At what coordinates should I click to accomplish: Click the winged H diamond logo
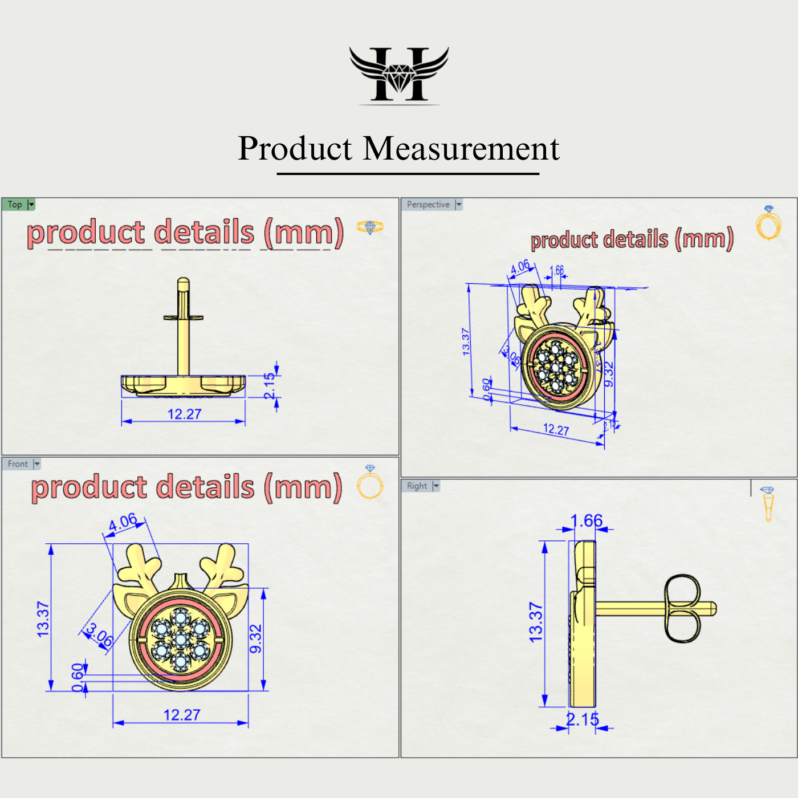(399, 75)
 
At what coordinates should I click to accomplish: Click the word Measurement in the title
(461, 149)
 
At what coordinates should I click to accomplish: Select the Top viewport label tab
(15, 204)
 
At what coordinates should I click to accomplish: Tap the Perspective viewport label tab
(428, 204)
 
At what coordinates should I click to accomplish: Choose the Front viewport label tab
(18, 464)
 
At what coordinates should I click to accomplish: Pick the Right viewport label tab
(417, 486)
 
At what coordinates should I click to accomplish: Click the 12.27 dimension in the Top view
(184, 414)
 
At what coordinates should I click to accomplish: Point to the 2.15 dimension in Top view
(270, 386)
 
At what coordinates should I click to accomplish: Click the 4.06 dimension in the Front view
(123, 522)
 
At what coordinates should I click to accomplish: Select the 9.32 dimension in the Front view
(256, 639)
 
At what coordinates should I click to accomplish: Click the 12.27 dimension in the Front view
(182, 715)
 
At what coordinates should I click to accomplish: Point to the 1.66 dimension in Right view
(587, 520)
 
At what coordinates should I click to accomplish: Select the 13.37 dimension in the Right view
(536, 622)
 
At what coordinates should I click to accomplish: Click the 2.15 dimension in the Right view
(583, 719)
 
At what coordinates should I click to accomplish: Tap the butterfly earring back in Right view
(682, 609)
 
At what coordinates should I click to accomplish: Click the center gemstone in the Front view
(181, 640)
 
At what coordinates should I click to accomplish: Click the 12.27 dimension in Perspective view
(556, 429)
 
